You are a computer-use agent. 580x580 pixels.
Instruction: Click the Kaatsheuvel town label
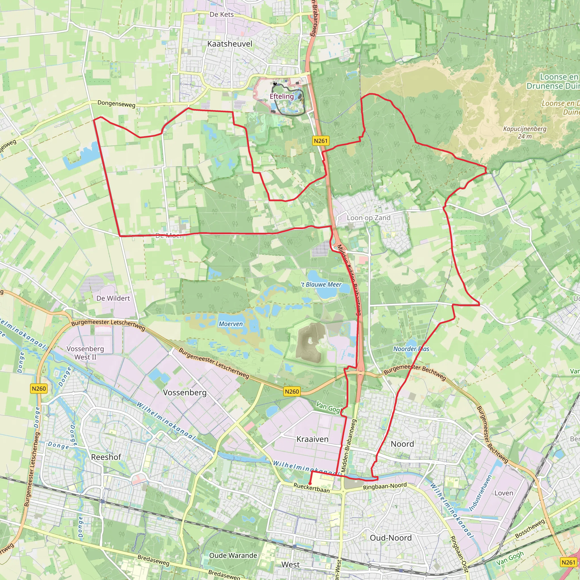230,44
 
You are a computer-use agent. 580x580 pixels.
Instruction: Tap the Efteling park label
282,96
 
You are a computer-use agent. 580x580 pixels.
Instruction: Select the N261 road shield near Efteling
320,141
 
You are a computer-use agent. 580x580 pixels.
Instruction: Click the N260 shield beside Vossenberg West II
39,389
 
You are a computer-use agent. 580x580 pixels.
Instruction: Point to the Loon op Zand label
369,218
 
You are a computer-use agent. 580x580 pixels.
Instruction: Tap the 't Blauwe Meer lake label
321,285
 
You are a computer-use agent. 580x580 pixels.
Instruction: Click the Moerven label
231,324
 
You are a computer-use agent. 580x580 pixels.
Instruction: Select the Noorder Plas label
411,349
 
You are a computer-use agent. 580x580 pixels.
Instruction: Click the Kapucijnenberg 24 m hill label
525,132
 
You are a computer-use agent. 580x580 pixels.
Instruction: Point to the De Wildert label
113,298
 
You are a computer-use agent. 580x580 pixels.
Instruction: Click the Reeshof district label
106,457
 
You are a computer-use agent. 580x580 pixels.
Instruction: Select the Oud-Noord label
391,538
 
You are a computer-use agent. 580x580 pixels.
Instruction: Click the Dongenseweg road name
116,104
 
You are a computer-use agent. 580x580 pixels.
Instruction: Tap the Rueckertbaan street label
311,488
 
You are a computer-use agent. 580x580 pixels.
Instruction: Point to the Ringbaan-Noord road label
385,486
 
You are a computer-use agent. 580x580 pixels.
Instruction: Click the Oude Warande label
233,555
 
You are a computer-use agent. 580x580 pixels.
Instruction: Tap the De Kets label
221,14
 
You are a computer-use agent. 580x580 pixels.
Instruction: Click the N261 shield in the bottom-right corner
568,562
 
